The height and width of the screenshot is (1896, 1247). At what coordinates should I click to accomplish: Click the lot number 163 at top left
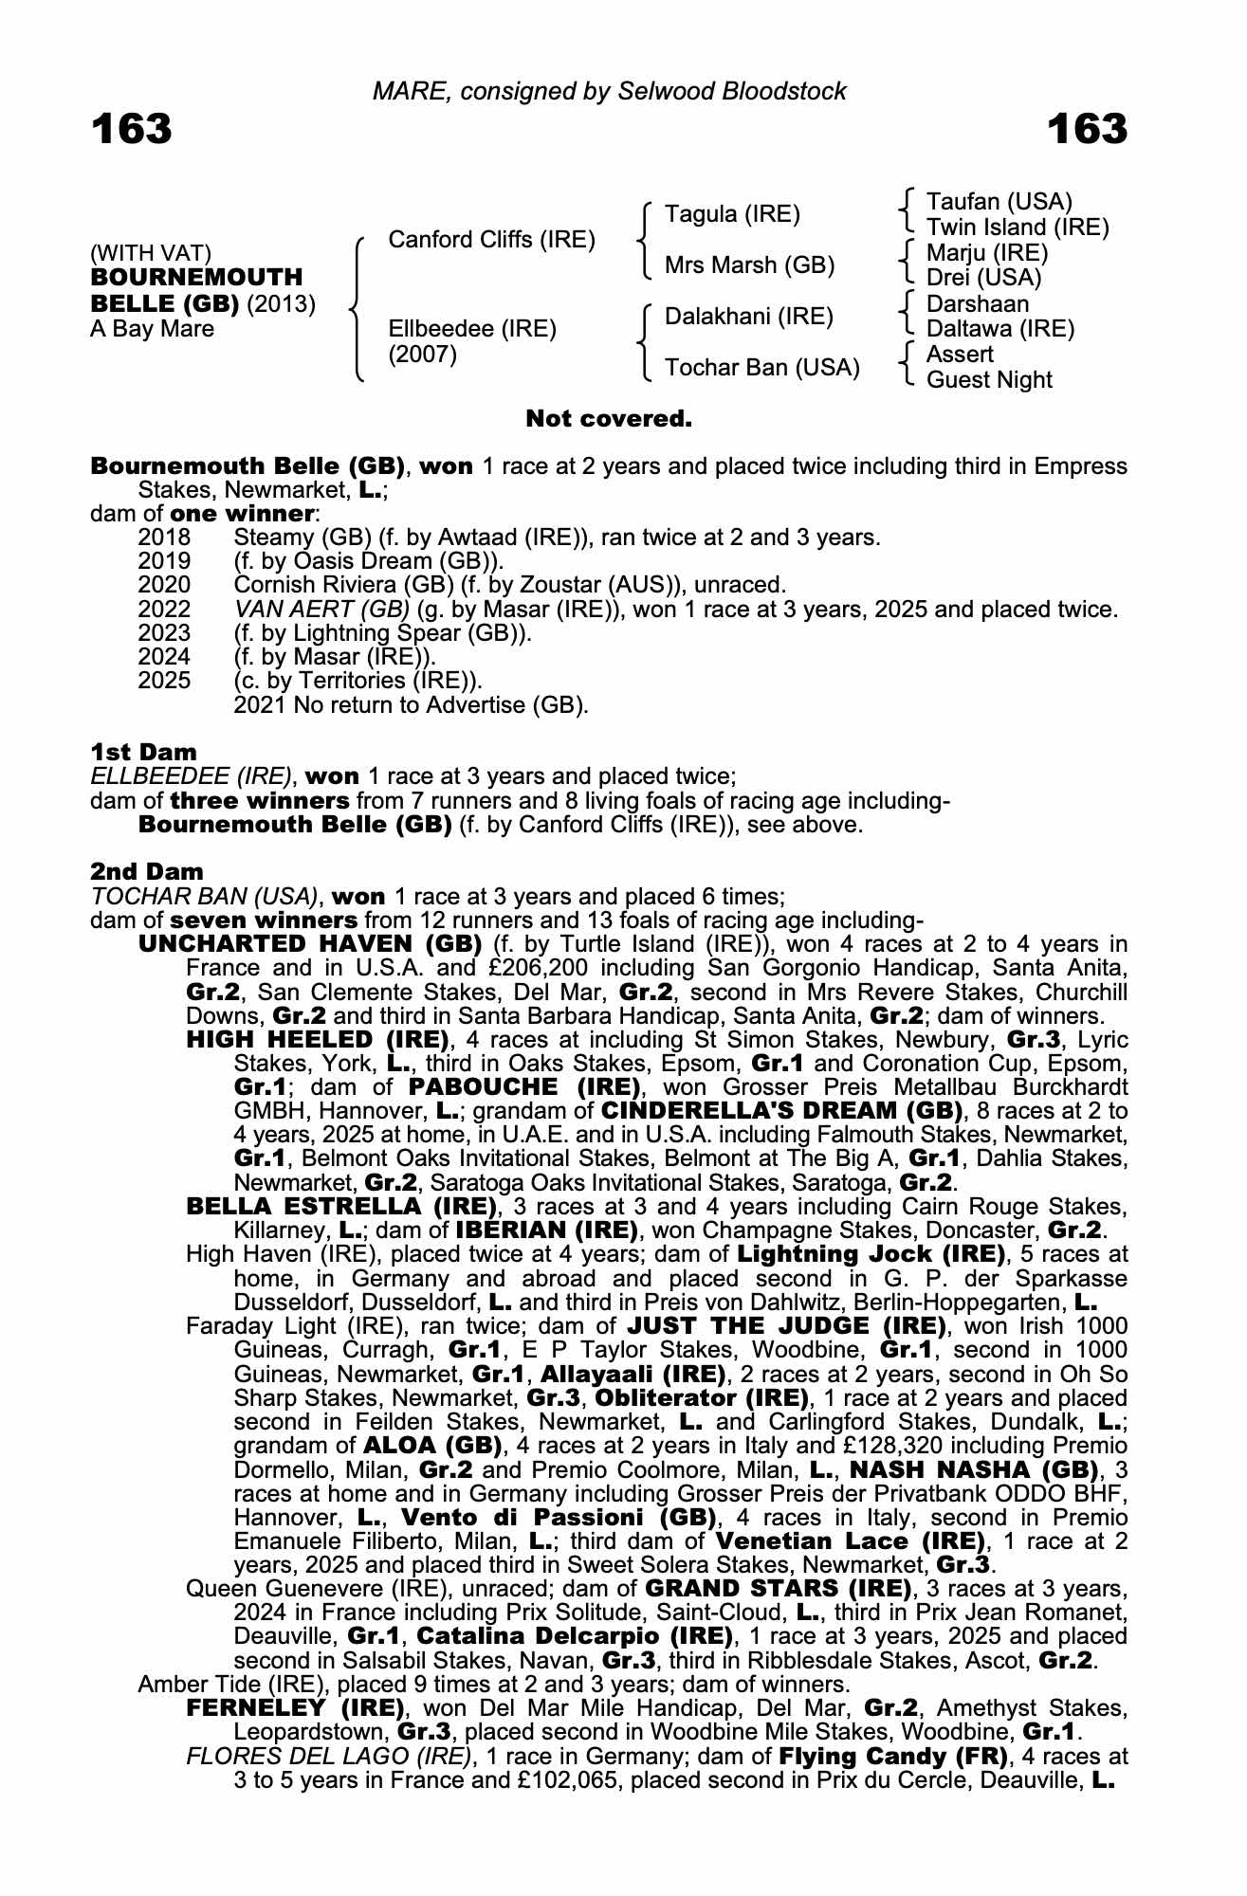(x=132, y=130)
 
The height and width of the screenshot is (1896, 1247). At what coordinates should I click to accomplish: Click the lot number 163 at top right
(x=1087, y=130)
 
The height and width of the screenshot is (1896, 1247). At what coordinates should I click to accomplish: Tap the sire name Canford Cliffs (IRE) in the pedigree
(x=491, y=240)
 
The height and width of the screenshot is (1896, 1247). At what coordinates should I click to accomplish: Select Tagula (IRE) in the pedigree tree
(x=732, y=214)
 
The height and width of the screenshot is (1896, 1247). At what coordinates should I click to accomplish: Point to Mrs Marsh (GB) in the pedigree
(x=749, y=265)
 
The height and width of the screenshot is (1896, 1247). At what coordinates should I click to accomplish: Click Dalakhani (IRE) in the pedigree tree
(x=748, y=317)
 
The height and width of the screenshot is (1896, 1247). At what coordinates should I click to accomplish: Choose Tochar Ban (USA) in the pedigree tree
(x=761, y=368)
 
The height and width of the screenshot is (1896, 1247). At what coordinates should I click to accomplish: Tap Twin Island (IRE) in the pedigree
(x=1017, y=228)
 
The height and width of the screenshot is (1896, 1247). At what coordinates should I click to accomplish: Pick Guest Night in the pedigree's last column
(x=988, y=380)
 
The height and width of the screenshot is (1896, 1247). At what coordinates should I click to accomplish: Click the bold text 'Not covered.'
(x=608, y=419)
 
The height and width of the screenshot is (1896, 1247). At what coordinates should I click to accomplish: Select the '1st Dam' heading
(x=144, y=753)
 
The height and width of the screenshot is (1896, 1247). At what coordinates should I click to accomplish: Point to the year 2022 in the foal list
(x=164, y=610)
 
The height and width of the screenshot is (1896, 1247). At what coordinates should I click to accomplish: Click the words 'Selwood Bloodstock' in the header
(x=731, y=91)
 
